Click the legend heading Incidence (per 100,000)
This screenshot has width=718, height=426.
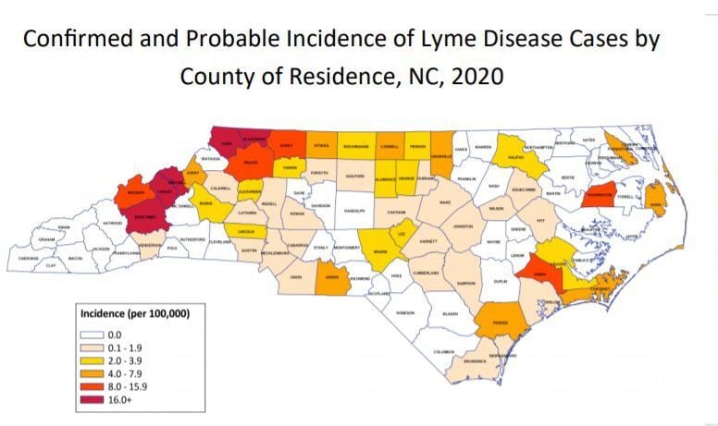point(135,314)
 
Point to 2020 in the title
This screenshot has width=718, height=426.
point(471,75)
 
